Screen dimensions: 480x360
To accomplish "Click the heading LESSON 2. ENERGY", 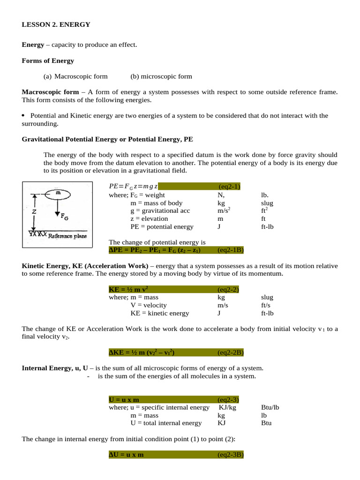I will [56, 24].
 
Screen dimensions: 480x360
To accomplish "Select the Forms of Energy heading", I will [48, 60].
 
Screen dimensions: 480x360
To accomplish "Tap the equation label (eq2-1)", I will [229, 187].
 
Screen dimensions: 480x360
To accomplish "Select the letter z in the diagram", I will [34, 211].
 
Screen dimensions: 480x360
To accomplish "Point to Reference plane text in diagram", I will [67, 236].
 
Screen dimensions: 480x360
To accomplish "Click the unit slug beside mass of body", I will [267, 203].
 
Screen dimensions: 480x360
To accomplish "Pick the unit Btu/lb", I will [270, 407].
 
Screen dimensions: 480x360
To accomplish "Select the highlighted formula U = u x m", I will [124, 399].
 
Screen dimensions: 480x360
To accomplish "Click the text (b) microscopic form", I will [161, 76].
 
